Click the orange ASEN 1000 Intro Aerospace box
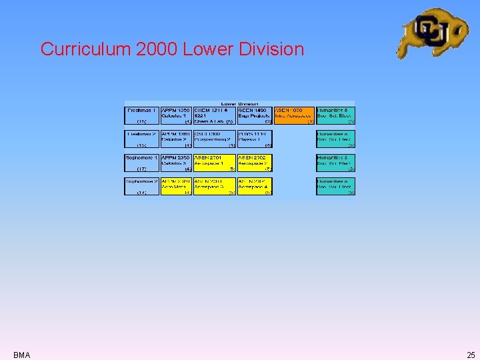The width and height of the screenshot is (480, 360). pyautogui.click(x=294, y=115)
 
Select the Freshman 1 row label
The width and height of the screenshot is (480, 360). pyautogui.click(x=141, y=115)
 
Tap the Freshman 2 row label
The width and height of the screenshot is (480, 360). pyautogui.click(x=141, y=139)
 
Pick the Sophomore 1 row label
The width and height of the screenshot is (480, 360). pyautogui.click(x=141, y=163)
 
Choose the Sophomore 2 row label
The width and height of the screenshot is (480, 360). pyautogui.click(x=141, y=187)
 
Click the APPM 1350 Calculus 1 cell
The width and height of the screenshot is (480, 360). pyautogui.click(x=176, y=115)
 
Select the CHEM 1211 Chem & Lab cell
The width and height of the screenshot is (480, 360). pyautogui.click(x=214, y=115)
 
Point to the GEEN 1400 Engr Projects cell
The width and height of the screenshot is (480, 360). pyautogui.click(x=255, y=115)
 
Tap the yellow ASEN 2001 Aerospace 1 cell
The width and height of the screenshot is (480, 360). pyautogui.click(x=214, y=163)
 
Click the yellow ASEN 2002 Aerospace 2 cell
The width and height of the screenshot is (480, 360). pyautogui.click(x=255, y=163)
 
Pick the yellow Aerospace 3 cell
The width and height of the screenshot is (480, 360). pyautogui.click(x=214, y=187)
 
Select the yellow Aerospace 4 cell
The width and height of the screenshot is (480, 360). pyautogui.click(x=255, y=187)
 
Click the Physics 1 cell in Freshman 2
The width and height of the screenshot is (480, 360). pyautogui.click(x=255, y=139)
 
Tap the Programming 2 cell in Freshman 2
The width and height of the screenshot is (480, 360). pyautogui.click(x=214, y=139)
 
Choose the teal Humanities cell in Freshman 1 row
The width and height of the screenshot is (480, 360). pyautogui.click(x=335, y=115)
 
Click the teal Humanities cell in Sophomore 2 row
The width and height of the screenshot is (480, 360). pyautogui.click(x=335, y=187)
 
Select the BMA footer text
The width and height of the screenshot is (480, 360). pyautogui.click(x=21, y=355)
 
